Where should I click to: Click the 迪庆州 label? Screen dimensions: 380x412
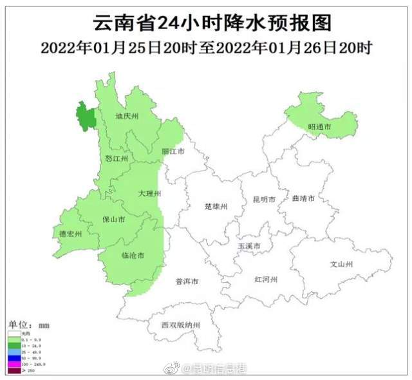[127, 117]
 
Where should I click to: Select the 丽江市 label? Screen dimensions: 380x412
[172, 151]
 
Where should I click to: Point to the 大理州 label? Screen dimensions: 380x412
[149, 193]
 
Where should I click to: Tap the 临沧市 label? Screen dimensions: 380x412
[133, 255]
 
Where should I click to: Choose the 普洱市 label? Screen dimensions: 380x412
[187, 281]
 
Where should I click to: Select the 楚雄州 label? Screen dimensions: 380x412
[216, 207]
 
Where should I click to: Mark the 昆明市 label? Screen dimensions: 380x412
[265, 200]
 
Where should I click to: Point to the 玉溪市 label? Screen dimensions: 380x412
[249, 247]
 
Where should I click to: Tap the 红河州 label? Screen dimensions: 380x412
[265, 279]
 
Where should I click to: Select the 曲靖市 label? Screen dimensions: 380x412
[303, 199]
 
